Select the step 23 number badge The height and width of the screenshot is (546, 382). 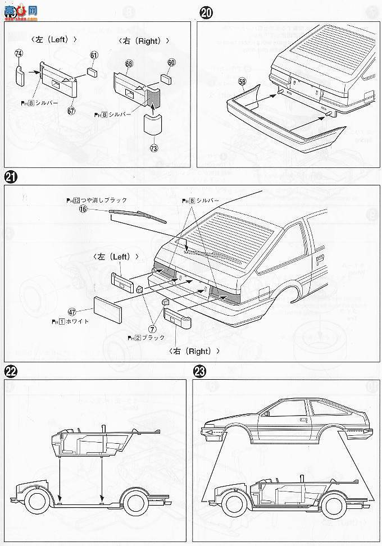click(199, 371)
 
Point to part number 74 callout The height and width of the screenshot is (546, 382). click(19, 53)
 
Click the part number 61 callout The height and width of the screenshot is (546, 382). click(93, 54)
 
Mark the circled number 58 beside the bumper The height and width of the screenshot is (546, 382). click(242, 81)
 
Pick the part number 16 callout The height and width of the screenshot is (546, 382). click(83, 209)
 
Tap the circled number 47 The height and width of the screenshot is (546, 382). click(72, 312)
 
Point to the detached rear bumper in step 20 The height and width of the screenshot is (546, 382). click(281, 121)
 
